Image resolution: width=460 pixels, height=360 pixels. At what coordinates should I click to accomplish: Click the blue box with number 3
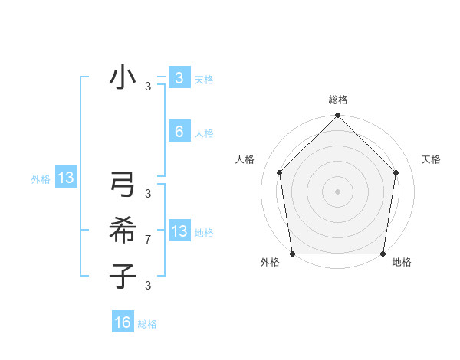click(x=179, y=77)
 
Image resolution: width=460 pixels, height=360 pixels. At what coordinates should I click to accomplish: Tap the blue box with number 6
click(x=179, y=131)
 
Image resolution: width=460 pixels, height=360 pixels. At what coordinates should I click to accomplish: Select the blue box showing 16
click(x=123, y=322)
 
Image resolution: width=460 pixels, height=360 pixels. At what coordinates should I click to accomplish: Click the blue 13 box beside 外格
click(x=66, y=178)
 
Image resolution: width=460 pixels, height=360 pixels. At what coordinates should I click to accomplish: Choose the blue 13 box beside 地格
click(x=179, y=231)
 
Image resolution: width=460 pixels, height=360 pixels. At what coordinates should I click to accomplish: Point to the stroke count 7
click(x=148, y=241)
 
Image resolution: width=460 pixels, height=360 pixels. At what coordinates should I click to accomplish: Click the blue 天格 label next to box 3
click(x=204, y=80)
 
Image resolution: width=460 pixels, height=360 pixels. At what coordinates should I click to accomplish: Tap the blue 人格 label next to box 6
click(x=204, y=133)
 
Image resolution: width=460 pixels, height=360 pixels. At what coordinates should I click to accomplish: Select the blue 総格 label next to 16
click(x=147, y=325)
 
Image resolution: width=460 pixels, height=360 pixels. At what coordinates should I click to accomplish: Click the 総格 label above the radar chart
click(x=338, y=100)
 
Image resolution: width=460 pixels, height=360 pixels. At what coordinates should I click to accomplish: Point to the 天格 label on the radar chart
click(x=432, y=159)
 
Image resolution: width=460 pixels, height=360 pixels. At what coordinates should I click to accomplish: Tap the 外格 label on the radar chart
click(x=270, y=263)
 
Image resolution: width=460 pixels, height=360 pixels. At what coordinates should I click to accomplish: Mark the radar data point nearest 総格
click(x=338, y=116)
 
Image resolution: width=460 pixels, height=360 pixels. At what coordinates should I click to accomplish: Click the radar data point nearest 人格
click(x=280, y=172)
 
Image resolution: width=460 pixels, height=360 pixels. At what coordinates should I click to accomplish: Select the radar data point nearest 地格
click(x=383, y=254)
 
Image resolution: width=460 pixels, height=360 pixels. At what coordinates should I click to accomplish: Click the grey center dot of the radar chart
click(x=338, y=191)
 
